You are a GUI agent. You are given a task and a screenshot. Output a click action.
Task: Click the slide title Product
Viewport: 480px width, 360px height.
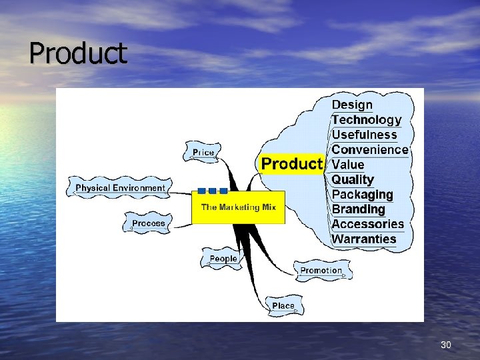click(77, 53)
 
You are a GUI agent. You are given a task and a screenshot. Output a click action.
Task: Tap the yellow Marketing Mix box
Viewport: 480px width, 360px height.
click(238, 207)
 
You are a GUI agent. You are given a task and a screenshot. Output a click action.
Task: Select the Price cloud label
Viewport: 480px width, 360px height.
click(203, 153)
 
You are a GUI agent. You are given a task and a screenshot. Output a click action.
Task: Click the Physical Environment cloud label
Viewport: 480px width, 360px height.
click(120, 188)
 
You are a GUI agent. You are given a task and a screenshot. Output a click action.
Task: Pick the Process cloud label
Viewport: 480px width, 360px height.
click(148, 223)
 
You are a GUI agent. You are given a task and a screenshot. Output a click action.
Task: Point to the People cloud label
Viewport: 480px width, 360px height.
click(223, 259)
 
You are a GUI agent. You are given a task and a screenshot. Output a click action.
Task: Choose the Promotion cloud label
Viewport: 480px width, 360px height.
click(321, 271)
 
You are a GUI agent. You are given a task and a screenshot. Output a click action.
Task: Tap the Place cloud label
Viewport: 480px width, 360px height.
click(283, 306)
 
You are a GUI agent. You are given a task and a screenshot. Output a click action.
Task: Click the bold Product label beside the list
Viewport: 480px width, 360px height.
click(291, 164)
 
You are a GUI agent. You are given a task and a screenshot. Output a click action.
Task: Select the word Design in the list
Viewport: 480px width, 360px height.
click(352, 105)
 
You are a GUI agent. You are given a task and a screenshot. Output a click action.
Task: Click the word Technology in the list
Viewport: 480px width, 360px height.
click(367, 120)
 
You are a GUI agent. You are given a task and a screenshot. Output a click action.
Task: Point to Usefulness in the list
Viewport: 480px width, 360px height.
click(364, 135)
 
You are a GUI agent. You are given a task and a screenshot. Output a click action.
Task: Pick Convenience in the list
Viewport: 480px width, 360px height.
click(369, 149)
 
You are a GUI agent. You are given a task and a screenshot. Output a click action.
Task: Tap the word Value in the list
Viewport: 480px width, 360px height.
click(348, 165)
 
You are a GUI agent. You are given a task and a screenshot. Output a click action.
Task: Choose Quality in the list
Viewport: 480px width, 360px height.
click(353, 179)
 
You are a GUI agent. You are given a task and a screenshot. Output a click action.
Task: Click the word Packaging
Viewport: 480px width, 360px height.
click(362, 195)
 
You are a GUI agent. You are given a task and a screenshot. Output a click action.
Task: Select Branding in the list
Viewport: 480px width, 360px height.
click(359, 209)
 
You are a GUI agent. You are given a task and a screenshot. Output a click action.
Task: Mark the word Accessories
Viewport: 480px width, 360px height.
click(368, 224)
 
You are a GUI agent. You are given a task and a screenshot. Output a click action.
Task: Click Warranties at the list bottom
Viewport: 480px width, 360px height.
click(364, 239)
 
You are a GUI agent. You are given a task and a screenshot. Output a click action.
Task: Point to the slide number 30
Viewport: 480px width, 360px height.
click(446, 345)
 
